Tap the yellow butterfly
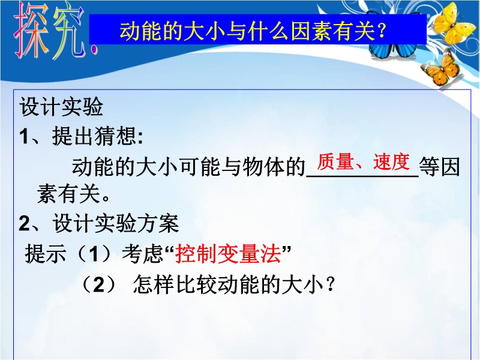[454, 25]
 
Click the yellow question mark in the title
[381, 31]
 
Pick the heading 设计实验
[61, 107]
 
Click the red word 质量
[335, 161]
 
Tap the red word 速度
[392, 161]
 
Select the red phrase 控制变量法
[228, 254]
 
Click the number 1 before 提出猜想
[25, 136]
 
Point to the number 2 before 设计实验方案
[25, 223]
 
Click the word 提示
[46, 254]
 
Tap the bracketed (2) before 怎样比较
[98, 284]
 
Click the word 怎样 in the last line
[154, 284]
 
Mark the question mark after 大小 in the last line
[330, 284]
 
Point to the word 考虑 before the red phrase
[142, 254]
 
